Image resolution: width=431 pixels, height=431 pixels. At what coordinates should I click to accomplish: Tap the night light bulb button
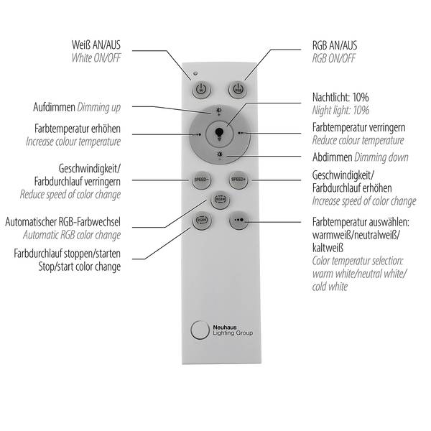219,134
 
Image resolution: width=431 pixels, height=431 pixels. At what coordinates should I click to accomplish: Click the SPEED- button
201,180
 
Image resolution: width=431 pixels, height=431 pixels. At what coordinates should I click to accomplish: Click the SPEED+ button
238,180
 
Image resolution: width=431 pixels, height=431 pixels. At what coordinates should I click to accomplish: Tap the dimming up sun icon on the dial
219,111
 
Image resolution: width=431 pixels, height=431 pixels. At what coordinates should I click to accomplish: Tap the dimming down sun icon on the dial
220,155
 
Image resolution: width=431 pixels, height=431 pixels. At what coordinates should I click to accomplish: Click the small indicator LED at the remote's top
195,73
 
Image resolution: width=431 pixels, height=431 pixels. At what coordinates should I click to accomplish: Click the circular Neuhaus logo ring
200,330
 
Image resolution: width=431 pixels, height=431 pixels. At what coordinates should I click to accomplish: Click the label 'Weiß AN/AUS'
96,45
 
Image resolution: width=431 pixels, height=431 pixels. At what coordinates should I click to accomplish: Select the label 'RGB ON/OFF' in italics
334,58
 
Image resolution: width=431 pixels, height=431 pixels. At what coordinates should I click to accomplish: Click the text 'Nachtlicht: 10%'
340,97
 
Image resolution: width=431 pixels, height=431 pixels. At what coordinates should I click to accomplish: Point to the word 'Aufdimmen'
54,107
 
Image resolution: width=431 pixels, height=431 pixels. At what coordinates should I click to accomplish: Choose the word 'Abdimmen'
333,157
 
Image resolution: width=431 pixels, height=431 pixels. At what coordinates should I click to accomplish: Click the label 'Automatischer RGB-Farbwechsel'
63,222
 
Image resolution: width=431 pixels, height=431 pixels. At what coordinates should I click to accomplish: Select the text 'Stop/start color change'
80,267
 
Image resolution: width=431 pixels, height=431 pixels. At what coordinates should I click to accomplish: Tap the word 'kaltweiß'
328,248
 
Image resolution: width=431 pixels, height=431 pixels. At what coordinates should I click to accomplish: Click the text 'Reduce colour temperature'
358,140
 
